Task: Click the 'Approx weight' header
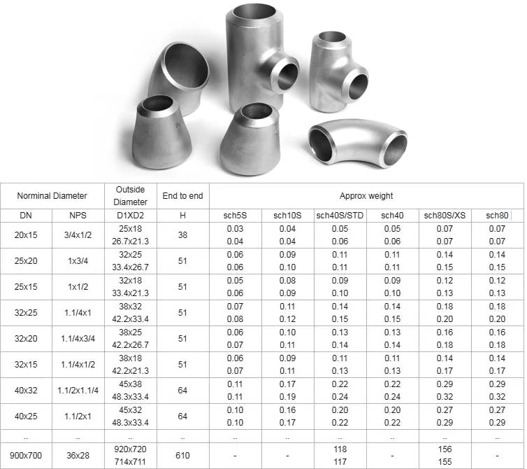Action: (x=366, y=196)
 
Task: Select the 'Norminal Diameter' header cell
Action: (x=52, y=196)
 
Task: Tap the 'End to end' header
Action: (x=182, y=196)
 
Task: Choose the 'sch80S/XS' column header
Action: (x=445, y=216)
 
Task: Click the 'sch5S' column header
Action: (x=236, y=216)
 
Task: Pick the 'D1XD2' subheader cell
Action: (x=131, y=216)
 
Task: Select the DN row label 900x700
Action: (x=26, y=455)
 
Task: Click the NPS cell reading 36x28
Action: (x=78, y=455)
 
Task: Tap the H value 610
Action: (x=182, y=455)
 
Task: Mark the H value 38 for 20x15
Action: (x=182, y=235)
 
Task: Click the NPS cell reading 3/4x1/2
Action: (x=78, y=235)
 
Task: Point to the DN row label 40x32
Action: (x=26, y=391)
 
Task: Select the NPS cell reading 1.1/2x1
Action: (x=78, y=416)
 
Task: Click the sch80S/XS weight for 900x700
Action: (x=445, y=455)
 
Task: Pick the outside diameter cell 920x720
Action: (x=131, y=449)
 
